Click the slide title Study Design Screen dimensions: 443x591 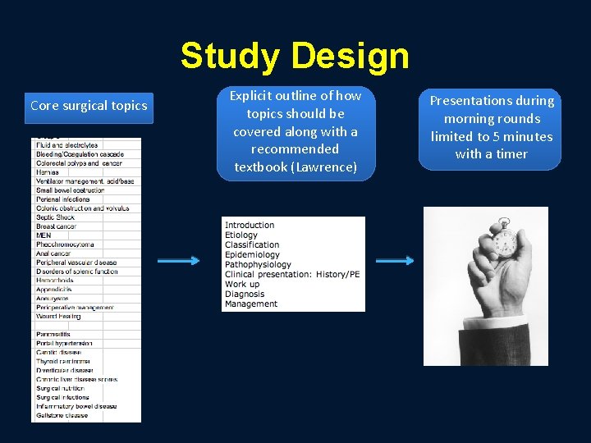click(x=295, y=56)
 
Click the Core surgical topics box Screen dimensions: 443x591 click(x=89, y=105)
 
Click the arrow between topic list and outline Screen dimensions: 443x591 click(x=177, y=261)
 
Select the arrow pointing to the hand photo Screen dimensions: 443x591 click(x=394, y=261)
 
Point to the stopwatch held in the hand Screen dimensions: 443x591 click(x=503, y=242)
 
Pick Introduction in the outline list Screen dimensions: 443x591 click(x=250, y=226)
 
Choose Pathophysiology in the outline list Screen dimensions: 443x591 click(x=258, y=265)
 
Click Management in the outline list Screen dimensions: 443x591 click(x=251, y=304)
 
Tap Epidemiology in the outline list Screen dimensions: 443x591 click(x=252, y=255)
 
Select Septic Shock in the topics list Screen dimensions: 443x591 click(x=55, y=217)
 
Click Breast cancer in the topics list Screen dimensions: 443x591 click(x=57, y=226)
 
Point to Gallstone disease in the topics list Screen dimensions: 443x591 click(x=62, y=415)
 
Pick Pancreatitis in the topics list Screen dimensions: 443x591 click(x=53, y=335)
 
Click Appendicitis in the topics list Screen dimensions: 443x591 click(x=54, y=290)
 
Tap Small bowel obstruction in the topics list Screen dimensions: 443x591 click(x=70, y=190)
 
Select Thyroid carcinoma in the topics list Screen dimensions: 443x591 click(x=63, y=361)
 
